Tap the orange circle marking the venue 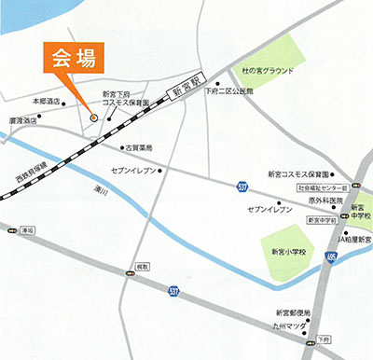tap(93, 117)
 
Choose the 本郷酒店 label tap(45, 101)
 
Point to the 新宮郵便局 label tap(294, 311)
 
